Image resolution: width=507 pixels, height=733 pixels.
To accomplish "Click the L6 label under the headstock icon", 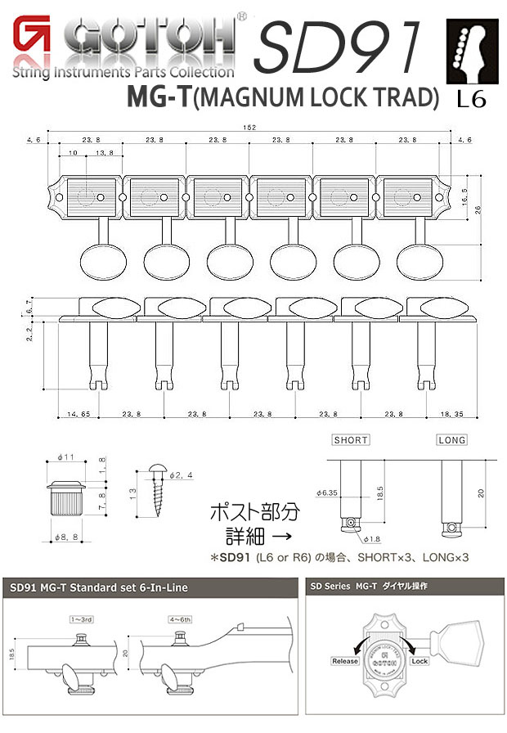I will [472, 100].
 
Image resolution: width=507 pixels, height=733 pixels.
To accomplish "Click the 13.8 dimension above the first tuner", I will [104, 154].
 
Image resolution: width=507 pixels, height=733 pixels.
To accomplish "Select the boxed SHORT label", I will [351, 440].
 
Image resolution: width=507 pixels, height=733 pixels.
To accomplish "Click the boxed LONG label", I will [451, 440].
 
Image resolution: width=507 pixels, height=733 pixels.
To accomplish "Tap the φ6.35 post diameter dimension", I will [328, 492].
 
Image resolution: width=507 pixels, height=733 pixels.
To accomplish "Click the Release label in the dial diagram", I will [345, 660].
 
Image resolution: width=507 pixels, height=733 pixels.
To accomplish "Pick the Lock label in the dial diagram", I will [420, 660].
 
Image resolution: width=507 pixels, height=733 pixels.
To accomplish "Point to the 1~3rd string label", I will [83, 620].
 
